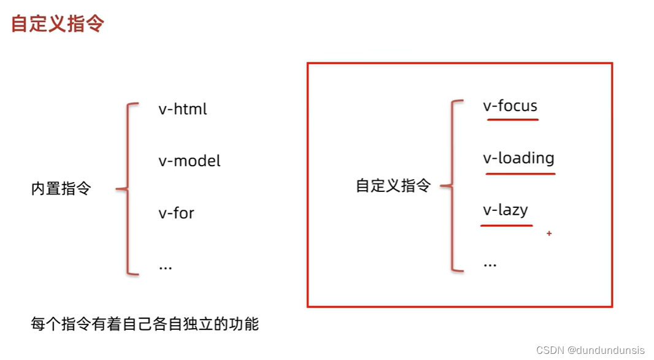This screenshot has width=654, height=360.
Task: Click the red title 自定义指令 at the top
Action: click(58, 24)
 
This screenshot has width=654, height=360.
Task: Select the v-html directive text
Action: click(183, 110)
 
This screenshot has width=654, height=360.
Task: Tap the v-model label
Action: click(190, 161)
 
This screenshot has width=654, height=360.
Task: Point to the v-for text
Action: click(176, 213)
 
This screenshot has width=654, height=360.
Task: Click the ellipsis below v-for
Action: click(165, 267)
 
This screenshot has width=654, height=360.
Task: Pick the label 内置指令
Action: click(61, 189)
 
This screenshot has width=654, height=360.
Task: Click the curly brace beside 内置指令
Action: click(125, 189)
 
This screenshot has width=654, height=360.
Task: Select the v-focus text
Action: click(510, 106)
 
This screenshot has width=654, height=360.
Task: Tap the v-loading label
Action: click(518, 158)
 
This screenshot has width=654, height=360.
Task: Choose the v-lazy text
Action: click(505, 210)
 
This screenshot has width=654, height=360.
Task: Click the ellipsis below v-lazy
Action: click(490, 264)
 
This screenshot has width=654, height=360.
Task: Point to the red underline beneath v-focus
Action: click(512, 120)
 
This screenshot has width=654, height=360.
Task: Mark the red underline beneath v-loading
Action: click(520, 174)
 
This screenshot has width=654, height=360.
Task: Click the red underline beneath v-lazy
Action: click(506, 226)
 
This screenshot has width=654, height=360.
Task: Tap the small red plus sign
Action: click(549, 234)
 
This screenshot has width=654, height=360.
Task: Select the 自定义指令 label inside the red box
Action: click(393, 186)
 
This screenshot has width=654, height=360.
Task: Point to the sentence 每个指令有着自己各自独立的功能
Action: click(145, 324)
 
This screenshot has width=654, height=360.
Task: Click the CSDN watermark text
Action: click(550, 350)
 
